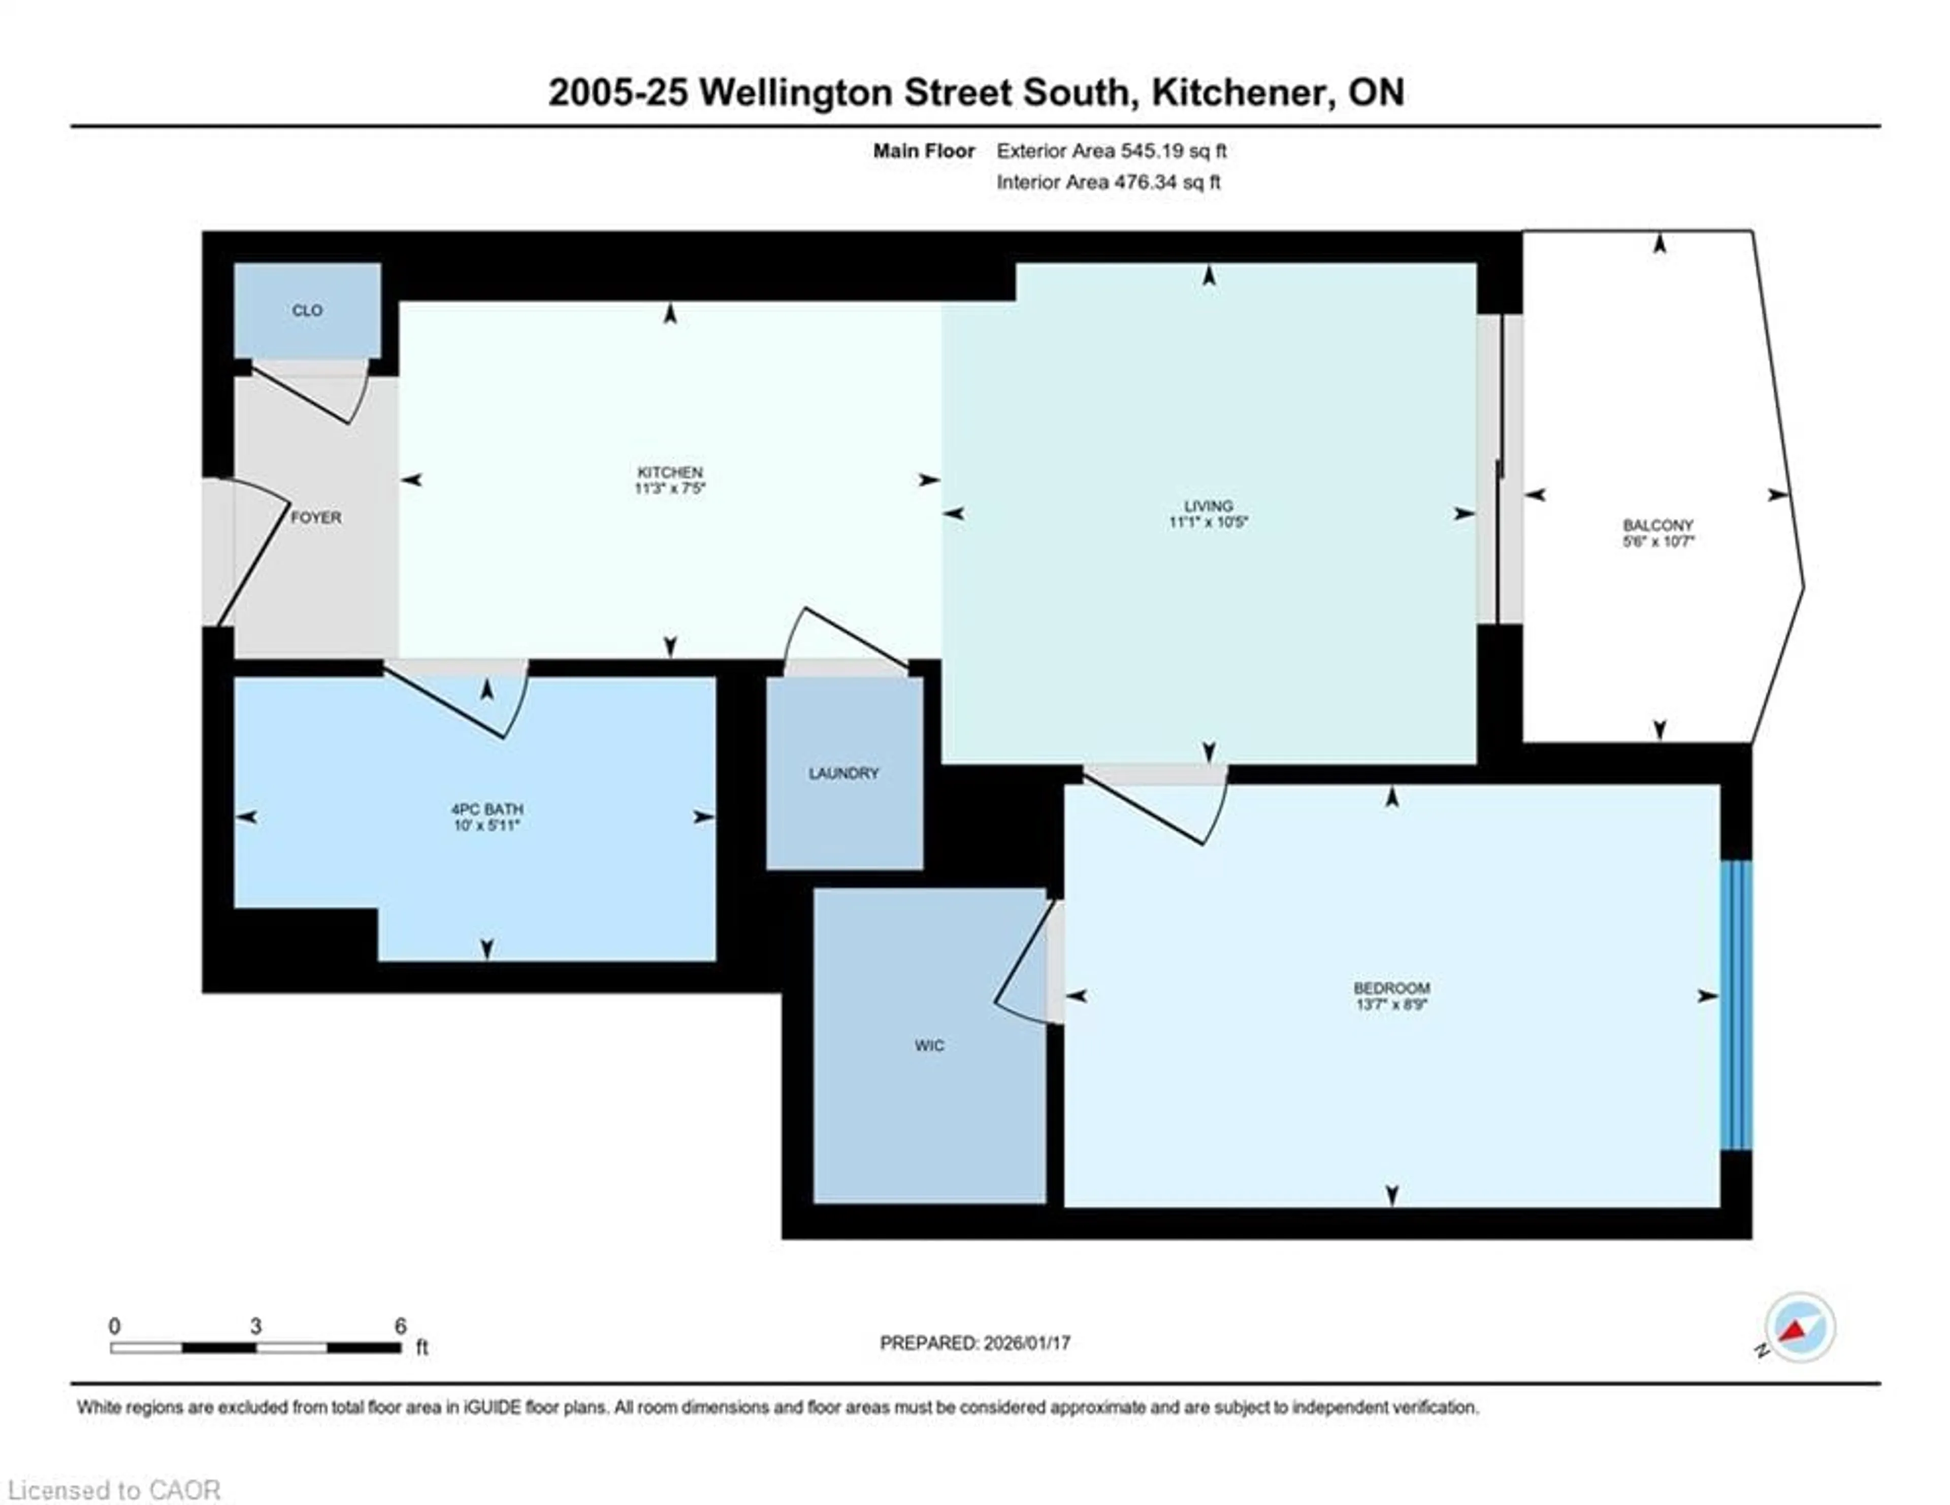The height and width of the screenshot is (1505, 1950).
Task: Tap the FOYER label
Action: click(x=316, y=518)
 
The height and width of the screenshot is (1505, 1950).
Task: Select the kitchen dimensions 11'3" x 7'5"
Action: click(x=670, y=488)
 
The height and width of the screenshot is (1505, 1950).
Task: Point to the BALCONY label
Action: click(x=1658, y=526)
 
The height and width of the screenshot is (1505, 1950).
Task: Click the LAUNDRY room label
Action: click(x=844, y=773)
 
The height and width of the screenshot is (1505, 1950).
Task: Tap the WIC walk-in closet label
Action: click(x=929, y=1045)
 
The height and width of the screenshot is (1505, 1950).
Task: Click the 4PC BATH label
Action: click(x=486, y=809)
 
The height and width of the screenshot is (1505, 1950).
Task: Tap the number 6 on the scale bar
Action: click(x=401, y=1326)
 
